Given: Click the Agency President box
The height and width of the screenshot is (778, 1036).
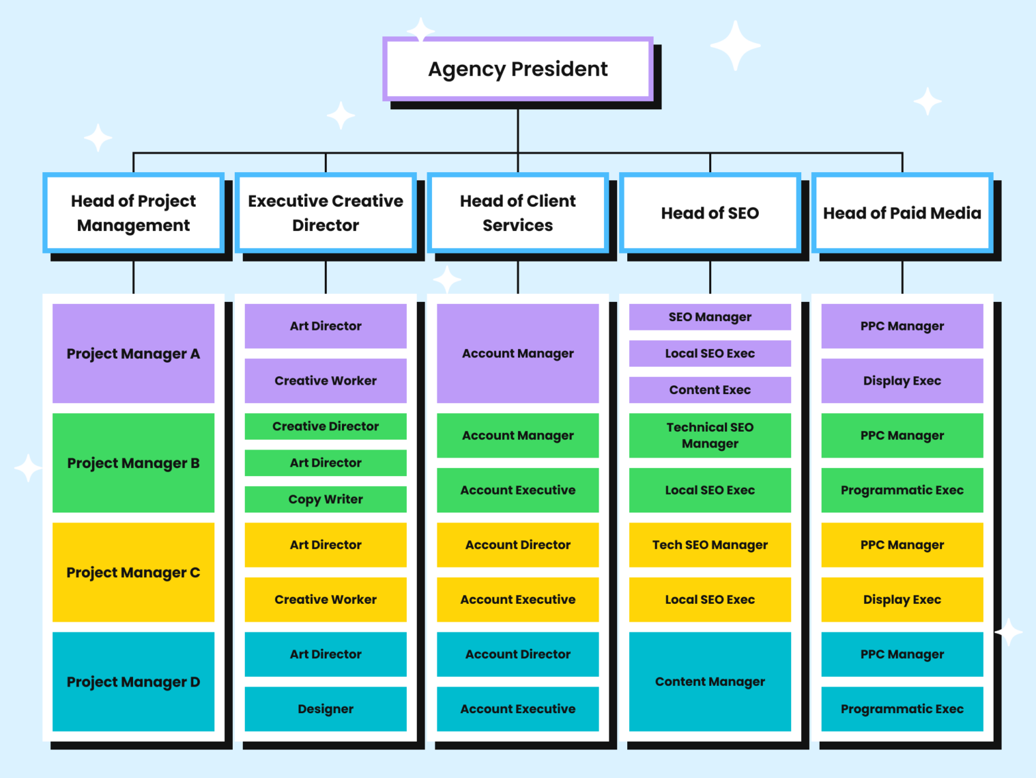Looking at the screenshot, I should pyautogui.click(x=517, y=69).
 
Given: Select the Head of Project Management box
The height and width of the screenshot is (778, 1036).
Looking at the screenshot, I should pyautogui.click(x=133, y=213).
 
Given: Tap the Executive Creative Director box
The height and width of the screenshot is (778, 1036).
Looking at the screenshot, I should pyautogui.click(x=325, y=213).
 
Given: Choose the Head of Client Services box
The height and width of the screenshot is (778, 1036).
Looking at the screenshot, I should pyautogui.click(x=517, y=213).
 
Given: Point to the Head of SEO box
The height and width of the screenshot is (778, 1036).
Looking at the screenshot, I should pyautogui.click(x=710, y=213).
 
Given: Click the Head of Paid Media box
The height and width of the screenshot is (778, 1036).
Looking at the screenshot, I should pyautogui.click(x=902, y=213).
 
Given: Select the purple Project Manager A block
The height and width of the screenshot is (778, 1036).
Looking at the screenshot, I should pyautogui.click(x=133, y=354).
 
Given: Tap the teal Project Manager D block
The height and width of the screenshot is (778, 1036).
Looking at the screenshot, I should pyautogui.click(x=133, y=681).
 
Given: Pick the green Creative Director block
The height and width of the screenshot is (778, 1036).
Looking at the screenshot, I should pyautogui.click(x=325, y=426).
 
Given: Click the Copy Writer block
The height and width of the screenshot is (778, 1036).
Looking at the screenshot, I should pyautogui.click(x=325, y=499).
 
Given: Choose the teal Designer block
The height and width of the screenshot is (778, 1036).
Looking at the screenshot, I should pyautogui.click(x=325, y=708).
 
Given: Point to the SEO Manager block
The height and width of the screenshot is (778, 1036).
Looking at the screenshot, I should pyautogui.click(x=710, y=316).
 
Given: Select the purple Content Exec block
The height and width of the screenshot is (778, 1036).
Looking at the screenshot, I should pyautogui.click(x=710, y=390).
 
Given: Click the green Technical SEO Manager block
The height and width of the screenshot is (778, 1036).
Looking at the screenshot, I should pyautogui.click(x=710, y=435).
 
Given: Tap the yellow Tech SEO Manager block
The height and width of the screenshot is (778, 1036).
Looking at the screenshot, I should pyautogui.click(x=710, y=544).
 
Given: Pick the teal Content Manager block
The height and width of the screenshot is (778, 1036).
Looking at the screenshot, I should pyautogui.click(x=710, y=681).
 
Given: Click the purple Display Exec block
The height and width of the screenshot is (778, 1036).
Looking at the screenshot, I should pyautogui.click(x=902, y=381).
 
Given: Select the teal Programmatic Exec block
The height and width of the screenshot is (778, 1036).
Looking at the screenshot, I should pyautogui.click(x=902, y=708).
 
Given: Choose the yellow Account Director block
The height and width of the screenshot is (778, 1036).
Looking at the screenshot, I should pyautogui.click(x=517, y=544).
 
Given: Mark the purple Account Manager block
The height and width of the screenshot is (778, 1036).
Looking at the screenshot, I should pyautogui.click(x=517, y=354).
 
